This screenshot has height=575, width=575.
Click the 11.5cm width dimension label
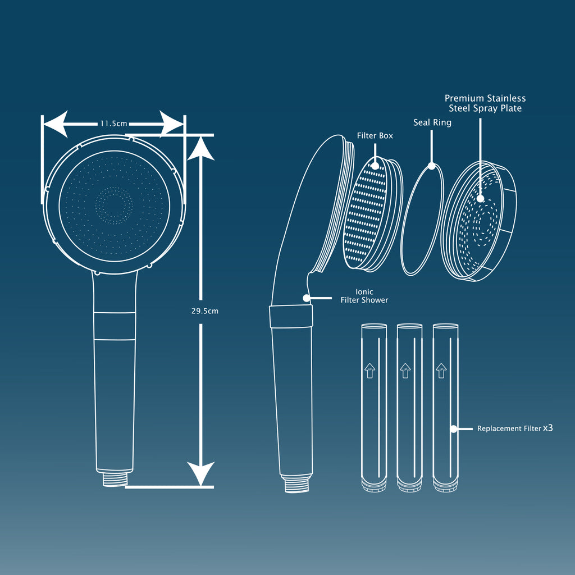(x=113, y=124)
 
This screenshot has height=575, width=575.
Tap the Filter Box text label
(x=375, y=136)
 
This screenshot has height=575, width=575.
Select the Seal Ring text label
(x=432, y=122)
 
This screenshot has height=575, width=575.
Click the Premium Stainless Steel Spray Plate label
(x=485, y=103)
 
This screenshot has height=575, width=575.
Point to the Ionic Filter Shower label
(x=364, y=296)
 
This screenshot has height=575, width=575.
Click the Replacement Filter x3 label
(x=515, y=428)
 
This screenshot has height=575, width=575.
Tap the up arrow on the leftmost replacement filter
(x=369, y=371)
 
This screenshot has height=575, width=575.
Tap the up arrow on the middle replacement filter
(x=405, y=371)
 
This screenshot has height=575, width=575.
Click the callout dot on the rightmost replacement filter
(x=453, y=430)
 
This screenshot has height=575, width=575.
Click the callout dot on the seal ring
(x=432, y=166)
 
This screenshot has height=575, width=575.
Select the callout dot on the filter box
(x=375, y=166)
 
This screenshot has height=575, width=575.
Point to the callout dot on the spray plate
(x=480, y=199)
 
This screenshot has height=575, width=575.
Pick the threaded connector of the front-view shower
(x=115, y=479)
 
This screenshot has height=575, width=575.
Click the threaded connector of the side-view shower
(x=296, y=484)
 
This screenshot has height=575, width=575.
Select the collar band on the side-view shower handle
(x=291, y=316)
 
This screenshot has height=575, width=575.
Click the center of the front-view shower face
(x=114, y=206)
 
